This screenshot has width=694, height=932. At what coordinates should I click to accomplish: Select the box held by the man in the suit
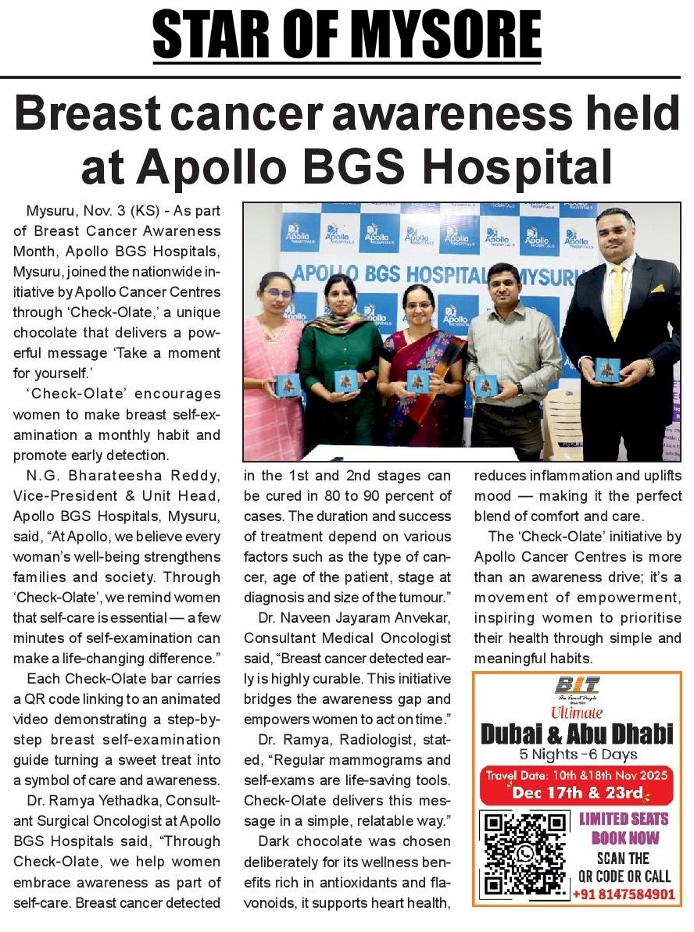pyautogui.click(x=606, y=370)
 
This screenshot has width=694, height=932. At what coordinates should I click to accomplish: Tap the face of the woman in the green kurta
pyautogui.click(x=340, y=295)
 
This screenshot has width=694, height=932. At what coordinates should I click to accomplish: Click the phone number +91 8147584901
pyautogui.click(x=624, y=894)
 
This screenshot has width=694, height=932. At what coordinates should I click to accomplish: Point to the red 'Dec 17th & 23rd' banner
pyautogui.click(x=577, y=792)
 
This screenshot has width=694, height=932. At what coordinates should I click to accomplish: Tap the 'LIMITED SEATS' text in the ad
pyautogui.click(x=624, y=820)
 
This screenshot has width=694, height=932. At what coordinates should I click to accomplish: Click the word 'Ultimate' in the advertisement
pyautogui.click(x=577, y=712)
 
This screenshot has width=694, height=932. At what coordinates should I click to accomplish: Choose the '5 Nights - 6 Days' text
pyautogui.click(x=577, y=754)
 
